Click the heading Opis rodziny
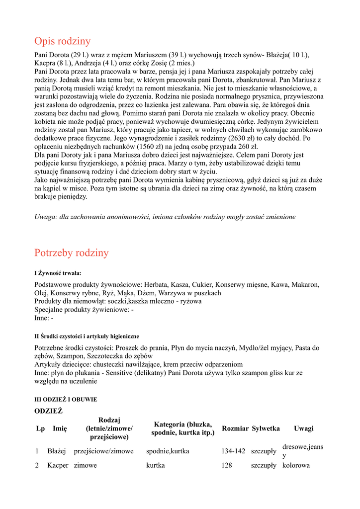63,41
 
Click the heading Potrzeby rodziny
72,253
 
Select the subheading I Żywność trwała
58,273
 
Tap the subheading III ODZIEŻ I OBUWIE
66,399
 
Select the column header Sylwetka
266,428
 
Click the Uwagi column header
303,428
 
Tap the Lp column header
40,428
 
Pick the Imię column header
60,428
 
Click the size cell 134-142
233,451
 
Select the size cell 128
227,466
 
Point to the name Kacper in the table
58,466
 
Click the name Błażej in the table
57,451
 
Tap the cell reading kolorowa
296,466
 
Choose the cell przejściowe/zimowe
103,451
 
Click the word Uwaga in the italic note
46,217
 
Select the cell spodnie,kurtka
168,451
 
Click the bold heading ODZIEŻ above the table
48,411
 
